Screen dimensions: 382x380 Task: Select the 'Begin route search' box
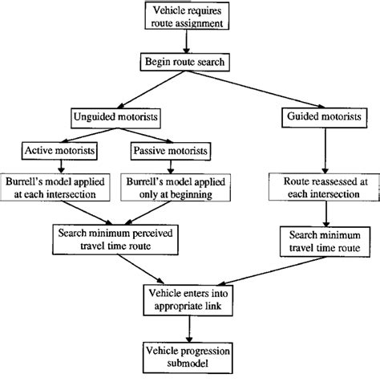pos(188,61)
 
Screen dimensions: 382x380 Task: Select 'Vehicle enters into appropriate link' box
pos(190,298)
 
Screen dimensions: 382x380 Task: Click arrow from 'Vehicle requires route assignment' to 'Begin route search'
pos(188,42)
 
